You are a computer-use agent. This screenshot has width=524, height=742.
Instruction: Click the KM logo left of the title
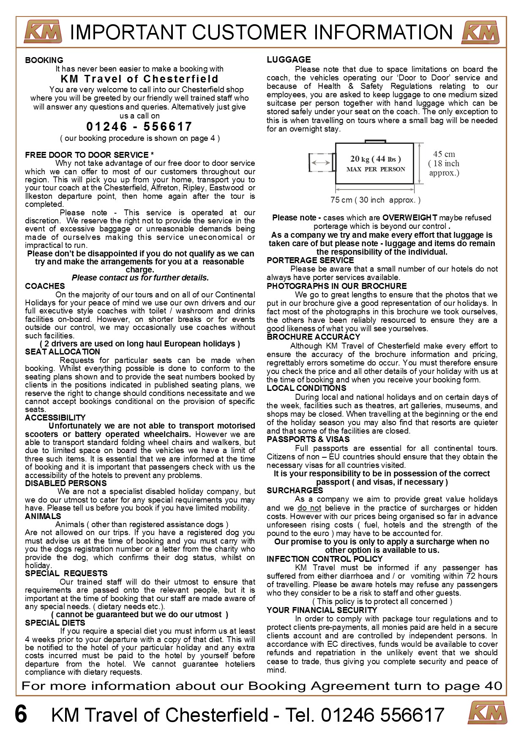pos(43,32)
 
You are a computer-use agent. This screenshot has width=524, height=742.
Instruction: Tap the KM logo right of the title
pos(480,32)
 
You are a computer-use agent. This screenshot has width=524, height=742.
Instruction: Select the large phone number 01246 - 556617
pos(139,126)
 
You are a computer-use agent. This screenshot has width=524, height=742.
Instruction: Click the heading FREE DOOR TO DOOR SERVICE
pos(89,155)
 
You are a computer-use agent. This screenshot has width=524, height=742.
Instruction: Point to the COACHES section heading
pos(45,286)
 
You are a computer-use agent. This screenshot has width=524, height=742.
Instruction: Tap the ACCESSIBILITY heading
pos(55,418)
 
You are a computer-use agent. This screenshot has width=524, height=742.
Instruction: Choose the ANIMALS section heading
pos(43,516)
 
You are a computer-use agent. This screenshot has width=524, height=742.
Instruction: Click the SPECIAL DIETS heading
pos(55,623)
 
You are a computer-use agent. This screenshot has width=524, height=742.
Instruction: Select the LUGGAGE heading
pos(289,60)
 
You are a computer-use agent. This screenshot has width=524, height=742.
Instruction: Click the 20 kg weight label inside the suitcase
pos(375,159)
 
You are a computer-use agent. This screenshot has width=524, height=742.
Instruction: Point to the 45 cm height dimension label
pos(444,154)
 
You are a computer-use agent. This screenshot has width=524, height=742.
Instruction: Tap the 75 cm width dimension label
pos(375,200)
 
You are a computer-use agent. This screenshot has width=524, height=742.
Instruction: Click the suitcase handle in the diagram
pos(375,140)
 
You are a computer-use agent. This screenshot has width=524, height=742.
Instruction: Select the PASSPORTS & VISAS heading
pos(308,439)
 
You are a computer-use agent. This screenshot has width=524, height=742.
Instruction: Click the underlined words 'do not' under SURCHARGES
pos(309,508)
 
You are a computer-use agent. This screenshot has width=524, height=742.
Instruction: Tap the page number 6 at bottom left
pos(21,714)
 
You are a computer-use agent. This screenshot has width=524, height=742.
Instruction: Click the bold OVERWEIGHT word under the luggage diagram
pos(409,217)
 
